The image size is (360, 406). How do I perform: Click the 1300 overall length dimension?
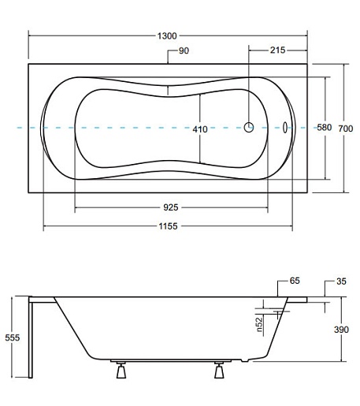(167, 35)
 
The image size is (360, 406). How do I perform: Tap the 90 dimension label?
(184, 50)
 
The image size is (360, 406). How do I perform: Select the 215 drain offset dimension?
(277, 50)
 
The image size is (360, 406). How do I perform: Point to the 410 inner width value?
(200, 129)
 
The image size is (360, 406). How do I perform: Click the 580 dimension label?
(325, 128)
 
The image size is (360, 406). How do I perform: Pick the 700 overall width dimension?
(346, 129)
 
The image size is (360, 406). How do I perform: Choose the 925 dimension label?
(171, 207)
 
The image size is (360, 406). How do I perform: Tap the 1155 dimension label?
(168, 226)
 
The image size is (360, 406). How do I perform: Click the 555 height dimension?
(13, 337)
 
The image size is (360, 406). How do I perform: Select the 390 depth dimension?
(341, 330)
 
